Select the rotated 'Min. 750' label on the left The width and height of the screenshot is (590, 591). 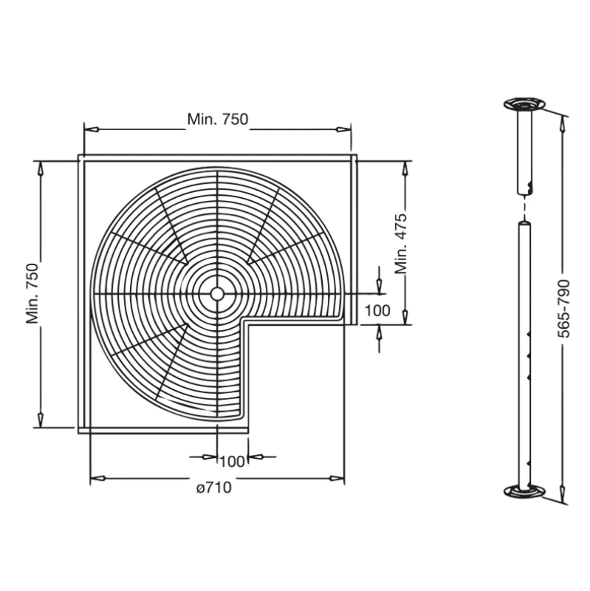pyautogui.click(x=32, y=293)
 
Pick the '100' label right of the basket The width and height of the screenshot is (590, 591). pyautogui.click(x=377, y=310)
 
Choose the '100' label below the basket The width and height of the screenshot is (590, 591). pyautogui.click(x=232, y=462)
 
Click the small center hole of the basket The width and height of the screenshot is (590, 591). pyautogui.click(x=216, y=293)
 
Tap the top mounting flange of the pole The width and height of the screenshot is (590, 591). pyautogui.click(x=524, y=103)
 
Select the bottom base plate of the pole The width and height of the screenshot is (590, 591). pyautogui.click(x=525, y=491)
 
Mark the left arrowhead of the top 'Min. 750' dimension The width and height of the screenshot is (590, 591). pyautogui.click(x=88, y=129)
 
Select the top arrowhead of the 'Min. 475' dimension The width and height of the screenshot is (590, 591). pyautogui.click(x=405, y=168)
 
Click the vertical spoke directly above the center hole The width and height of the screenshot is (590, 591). pyautogui.click(x=216, y=222)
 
